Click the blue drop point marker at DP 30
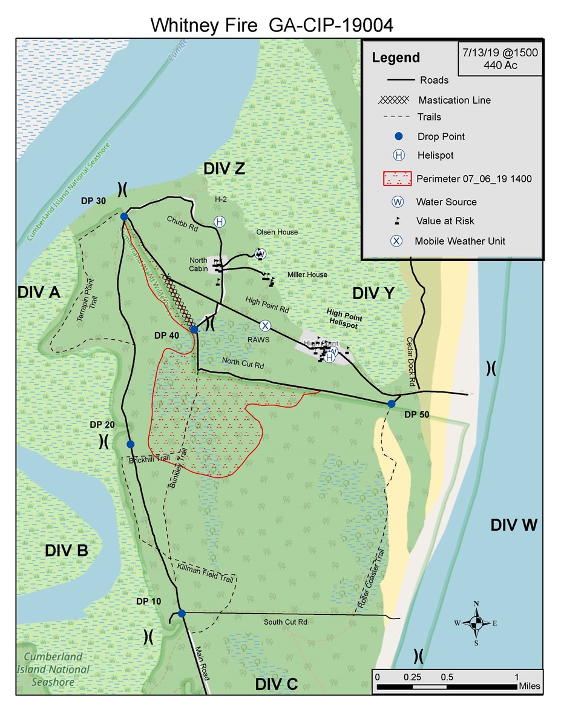(124, 216)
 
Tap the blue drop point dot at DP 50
(392, 403)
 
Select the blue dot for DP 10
(182, 613)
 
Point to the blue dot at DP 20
(131, 444)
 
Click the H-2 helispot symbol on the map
(219, 222)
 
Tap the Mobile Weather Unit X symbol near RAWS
(264, 325)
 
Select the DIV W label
(514, 525)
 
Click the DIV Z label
(225, 170)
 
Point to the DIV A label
(39, 293)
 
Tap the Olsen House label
(277, 232)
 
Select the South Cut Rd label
(286, 622)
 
